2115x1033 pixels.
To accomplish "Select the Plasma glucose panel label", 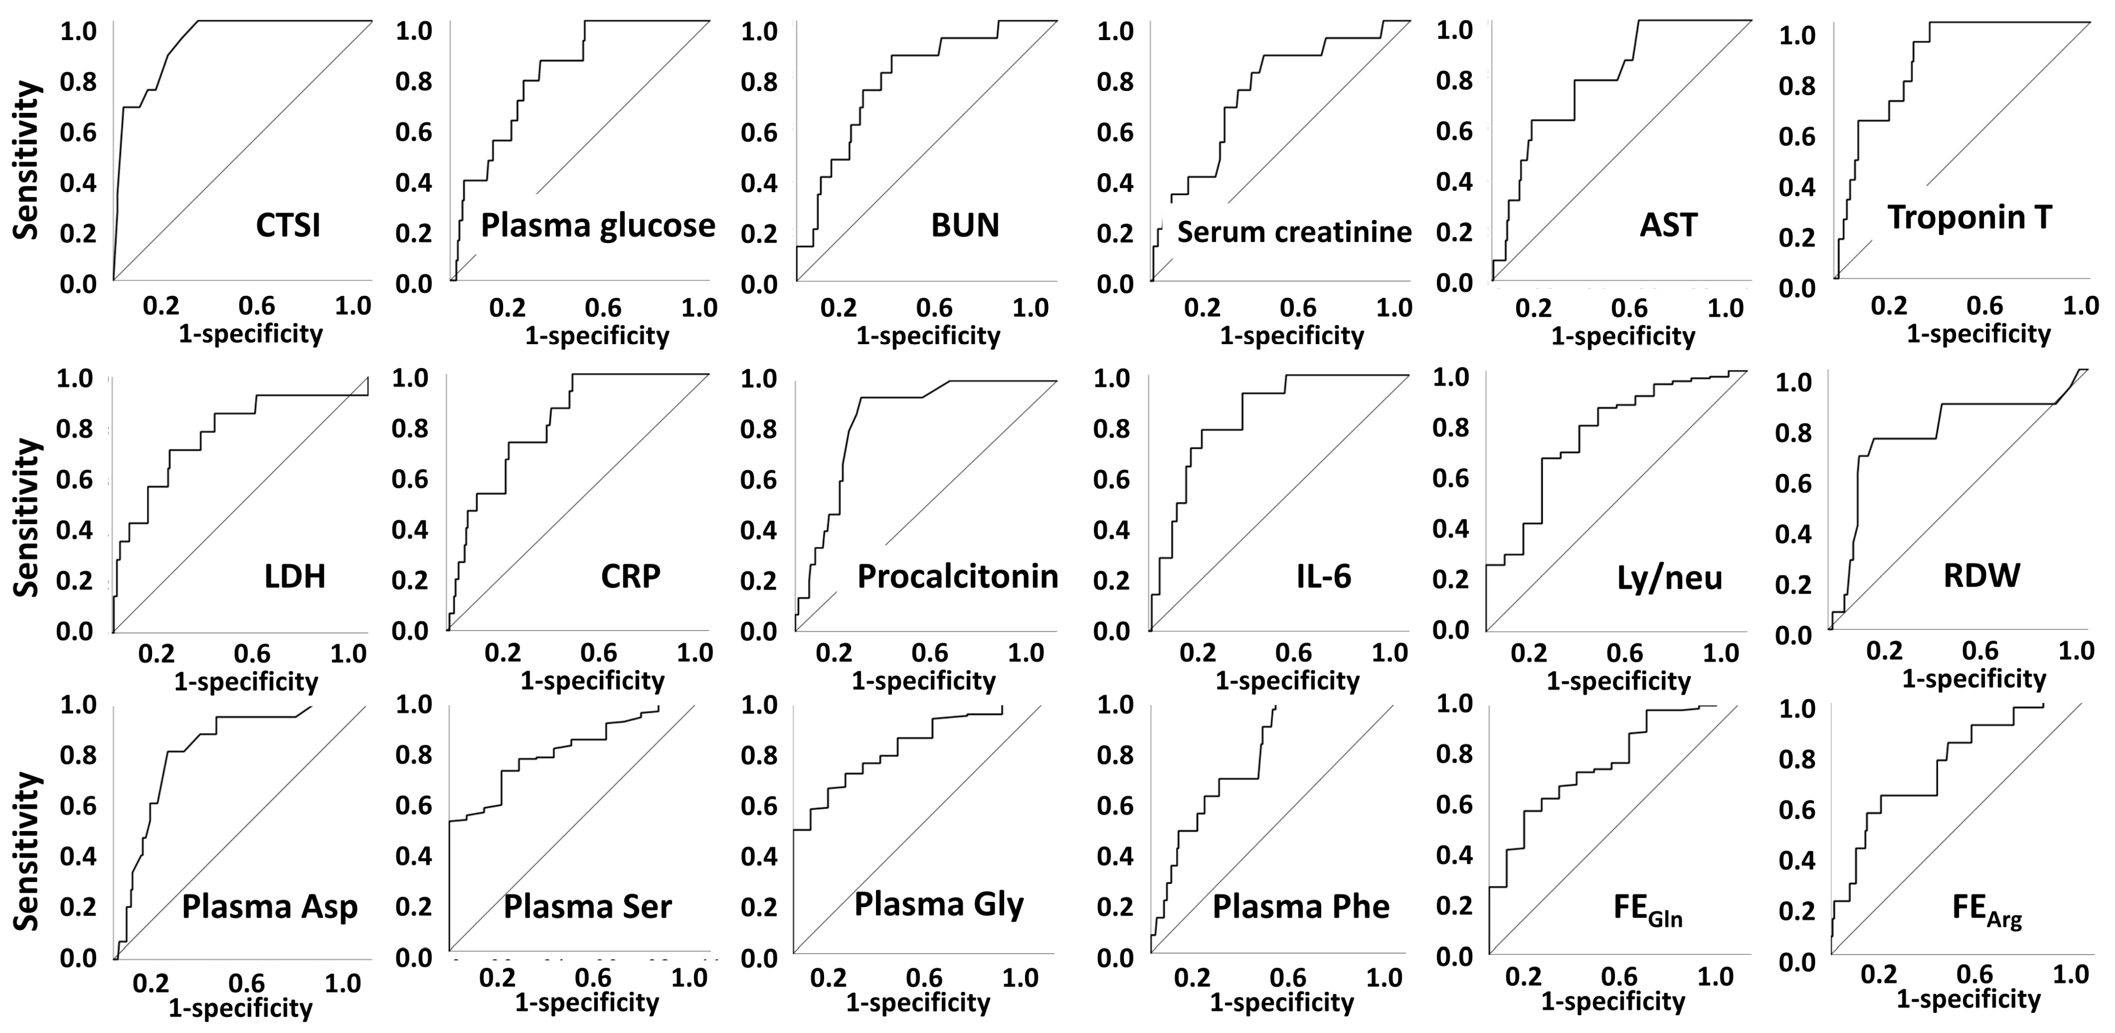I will [x=598, y=225].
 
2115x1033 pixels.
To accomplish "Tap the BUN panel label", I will [x=965, y=225].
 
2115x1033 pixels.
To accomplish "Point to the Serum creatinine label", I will [x=1294, y=232].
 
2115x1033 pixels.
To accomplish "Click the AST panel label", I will [x=1668, y=225].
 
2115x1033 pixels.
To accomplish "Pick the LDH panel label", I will [x=295, y=576].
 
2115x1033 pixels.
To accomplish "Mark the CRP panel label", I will [x=631, y=576].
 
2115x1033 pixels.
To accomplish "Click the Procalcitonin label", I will [x=958, y=576].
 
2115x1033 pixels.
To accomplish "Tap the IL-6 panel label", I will [x=1324, y=576].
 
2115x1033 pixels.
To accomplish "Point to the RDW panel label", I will [x=1981, y=575].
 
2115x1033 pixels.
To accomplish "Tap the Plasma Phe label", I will [x=1301, y=906].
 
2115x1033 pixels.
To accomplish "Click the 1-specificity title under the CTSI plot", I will [x=250, y=334].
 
